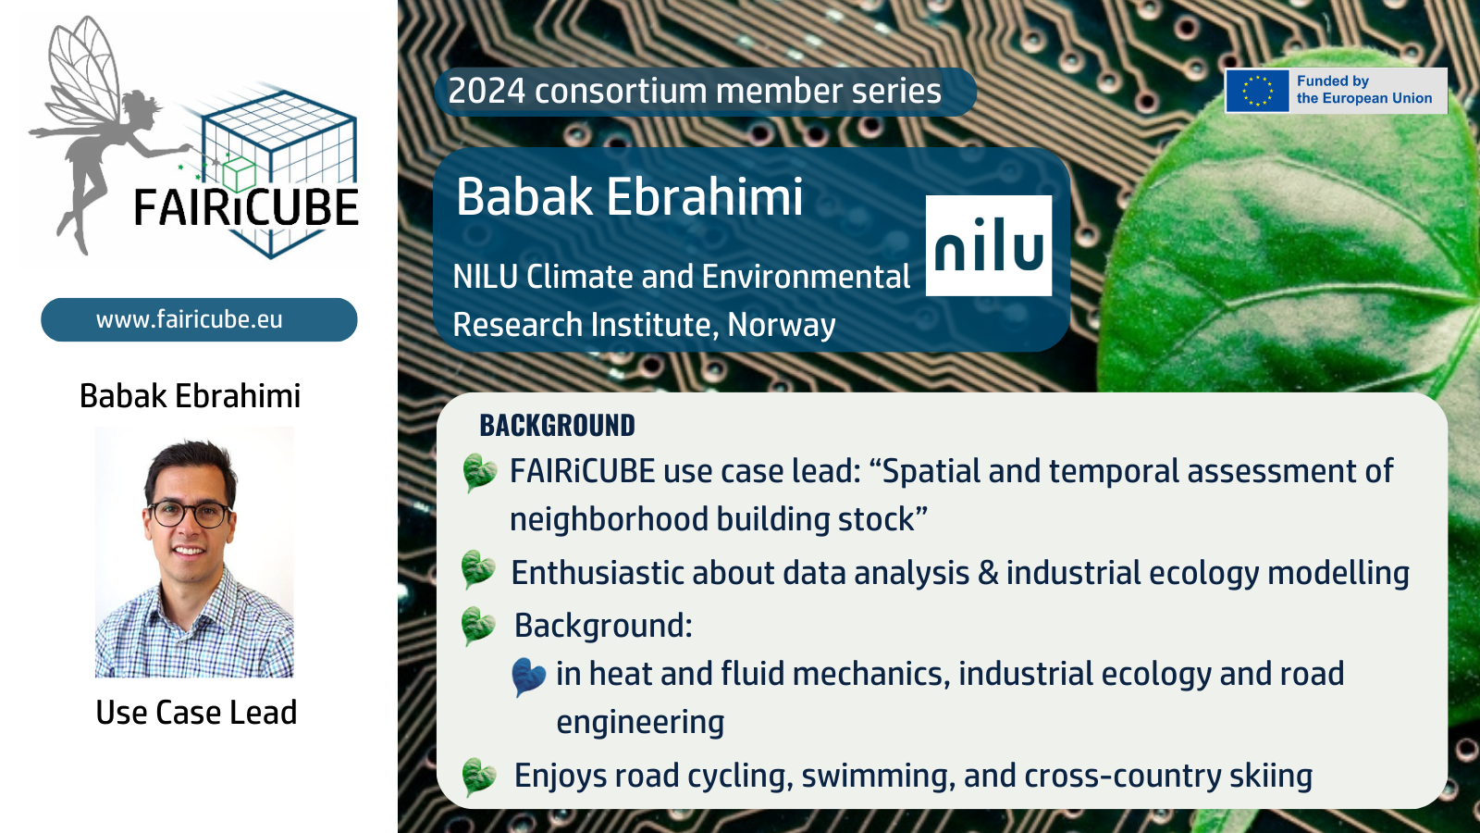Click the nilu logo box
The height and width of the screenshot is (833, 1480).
click(x=989, y=245)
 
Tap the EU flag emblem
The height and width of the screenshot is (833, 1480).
click(x=1257, y=91)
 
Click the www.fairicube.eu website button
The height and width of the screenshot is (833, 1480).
click(x=199, y=320)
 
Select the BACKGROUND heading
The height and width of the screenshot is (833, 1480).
click(x=557, y=425)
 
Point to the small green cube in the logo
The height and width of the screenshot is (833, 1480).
click(x=239, y=174)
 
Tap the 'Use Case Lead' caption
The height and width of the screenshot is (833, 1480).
click(x=196, y=713)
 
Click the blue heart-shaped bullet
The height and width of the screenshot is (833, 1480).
click(x=528, y=677)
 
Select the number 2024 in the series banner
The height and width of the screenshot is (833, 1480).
click(x=487, y=91)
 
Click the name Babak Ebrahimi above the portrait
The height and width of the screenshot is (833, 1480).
click(x=190, y=396)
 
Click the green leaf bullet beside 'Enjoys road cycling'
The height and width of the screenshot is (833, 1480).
click(x=478, y=777)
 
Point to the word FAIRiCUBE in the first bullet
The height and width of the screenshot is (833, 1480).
click(x=582, y=471)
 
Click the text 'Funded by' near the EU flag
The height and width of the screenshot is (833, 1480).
click(x=1332, y=81)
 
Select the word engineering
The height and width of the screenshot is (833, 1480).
click(x=640, y=723)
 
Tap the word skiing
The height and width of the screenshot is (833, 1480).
click(x=1270, y=777)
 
